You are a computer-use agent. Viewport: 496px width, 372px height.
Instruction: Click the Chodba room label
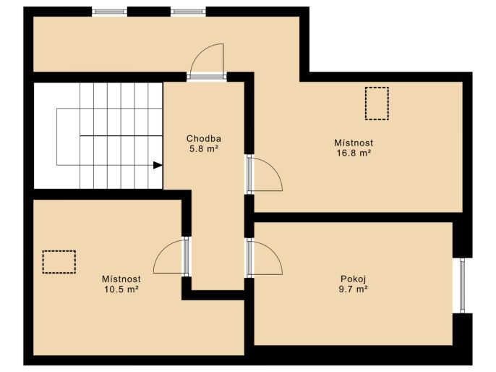pyautogui.click(x=203, y=139)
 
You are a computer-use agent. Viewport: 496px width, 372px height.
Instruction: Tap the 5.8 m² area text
pyautogui.click(x=204, y=149)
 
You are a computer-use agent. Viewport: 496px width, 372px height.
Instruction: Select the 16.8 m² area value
pyautogui.click(x=354, y=153)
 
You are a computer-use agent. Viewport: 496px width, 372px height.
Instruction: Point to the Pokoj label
pyautogui.click(x=354, y=279)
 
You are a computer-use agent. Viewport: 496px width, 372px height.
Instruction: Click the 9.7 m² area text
pyautogui.click(x=354, y=289)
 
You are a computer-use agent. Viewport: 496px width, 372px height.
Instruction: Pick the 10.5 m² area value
pyautogui.click(x=121, y=289)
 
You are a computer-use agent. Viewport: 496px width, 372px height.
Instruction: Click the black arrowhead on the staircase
pyautogui.click(x=158, y=165)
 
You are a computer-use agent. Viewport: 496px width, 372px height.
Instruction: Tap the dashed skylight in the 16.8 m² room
pyautogui.click(x=377, y=103)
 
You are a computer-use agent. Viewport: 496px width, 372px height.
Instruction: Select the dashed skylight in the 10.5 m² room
pyautogui.click(x=59, y=262)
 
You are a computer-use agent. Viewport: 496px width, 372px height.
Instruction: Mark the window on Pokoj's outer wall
pyautogui.click(x=463, y=285)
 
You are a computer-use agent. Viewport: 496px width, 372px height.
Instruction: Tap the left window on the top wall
pyautogui.click(x=109, y=12)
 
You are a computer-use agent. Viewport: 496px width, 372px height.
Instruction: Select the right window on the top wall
pyautogui.click(x=188, y=12)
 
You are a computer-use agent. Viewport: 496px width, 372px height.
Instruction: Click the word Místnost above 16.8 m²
pyautogui.click(x=354, y=143)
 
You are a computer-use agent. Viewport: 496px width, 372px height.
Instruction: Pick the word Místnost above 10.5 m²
pyautogui.click(x=121, y=279)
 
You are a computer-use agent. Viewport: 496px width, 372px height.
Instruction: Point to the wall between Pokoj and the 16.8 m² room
pyautogui.click(x=354, y=217)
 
